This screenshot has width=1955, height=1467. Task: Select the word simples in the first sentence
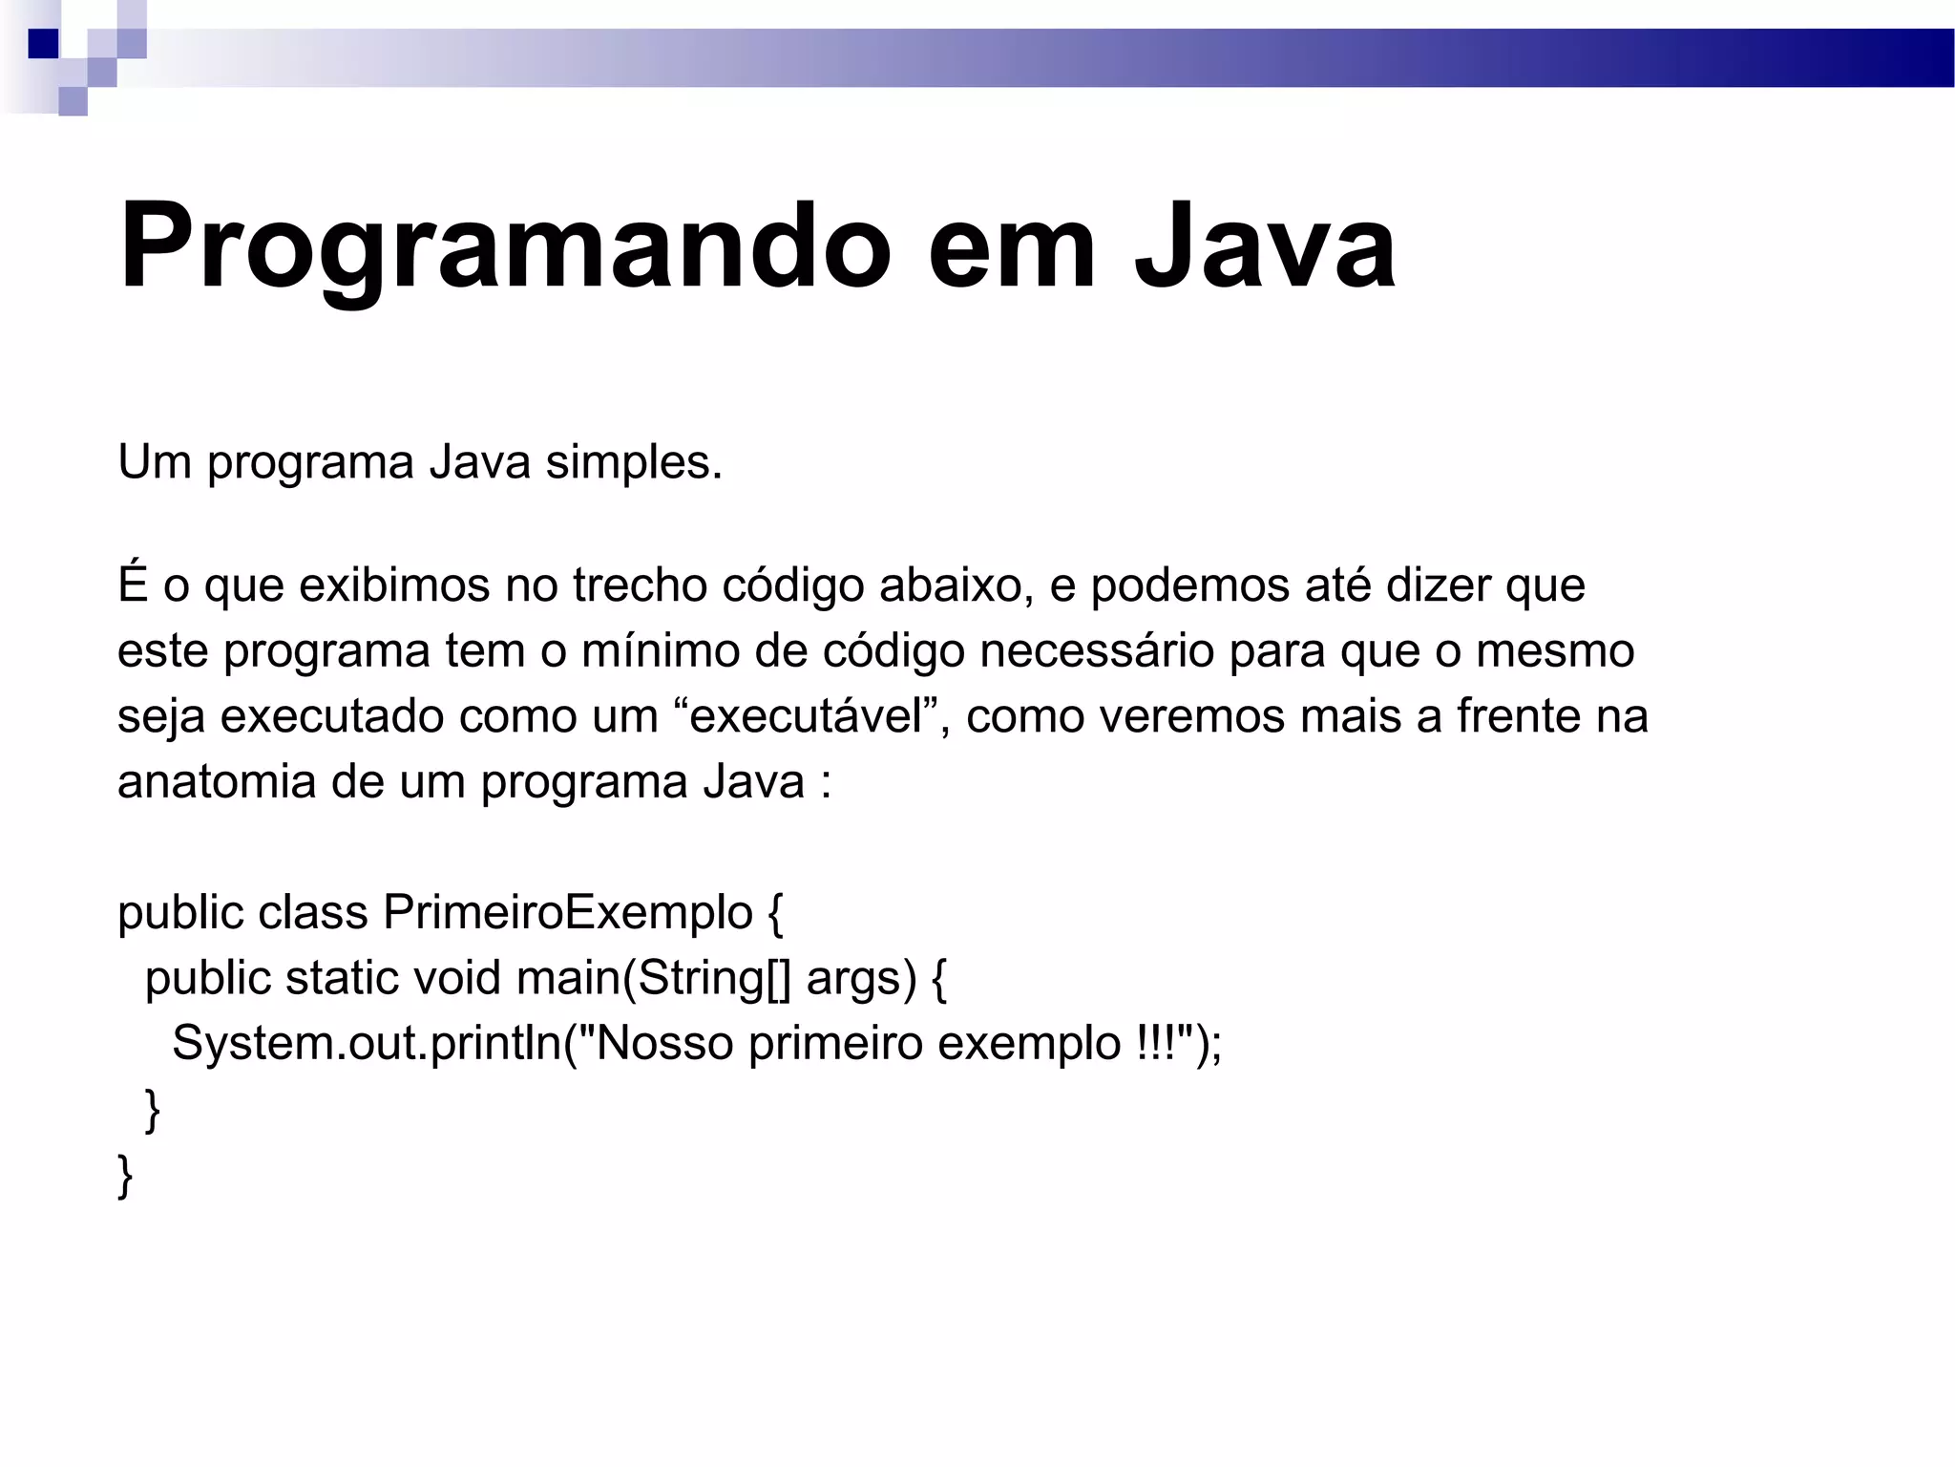coord(633,463)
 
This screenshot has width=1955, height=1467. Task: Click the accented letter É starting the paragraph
coord(133,585)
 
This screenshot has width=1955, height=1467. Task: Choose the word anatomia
coord(217,781)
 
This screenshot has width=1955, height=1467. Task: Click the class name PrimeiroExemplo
coord(568,912)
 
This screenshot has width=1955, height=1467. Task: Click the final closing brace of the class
coord(125,1176)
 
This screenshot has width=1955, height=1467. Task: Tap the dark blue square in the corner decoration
coord(43,44)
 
